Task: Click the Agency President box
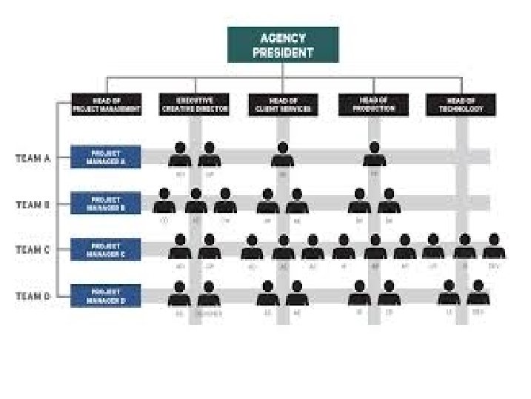click(x=283, y=44)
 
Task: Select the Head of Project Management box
click(x=106, y=105)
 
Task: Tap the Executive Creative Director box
click(x=194, y=105)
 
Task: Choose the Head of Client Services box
click(x=283, y=105)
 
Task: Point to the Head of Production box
click(x=373, y=105)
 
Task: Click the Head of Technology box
click(x=461, y=105)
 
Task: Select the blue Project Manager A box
click(x=106, y=156)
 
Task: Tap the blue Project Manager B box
click(x=106, y=203)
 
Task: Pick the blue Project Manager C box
click(x=106, y=249)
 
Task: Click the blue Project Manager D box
click(x=106, y=295)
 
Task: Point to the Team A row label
click(x=33, y=157)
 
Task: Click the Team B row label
click(x=33, y=203)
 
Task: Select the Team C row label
click(x=33, y=250)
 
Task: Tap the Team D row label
click(x=33, y=296)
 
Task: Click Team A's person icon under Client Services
click(x=282, y=155)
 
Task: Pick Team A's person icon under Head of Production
click(x=374, y=155)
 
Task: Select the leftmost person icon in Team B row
click(x=164, y=202)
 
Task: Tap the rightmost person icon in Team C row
click(x=494, y=247)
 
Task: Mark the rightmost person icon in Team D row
click(x=478, y=293)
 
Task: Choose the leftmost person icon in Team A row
click(x=179, y=155)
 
